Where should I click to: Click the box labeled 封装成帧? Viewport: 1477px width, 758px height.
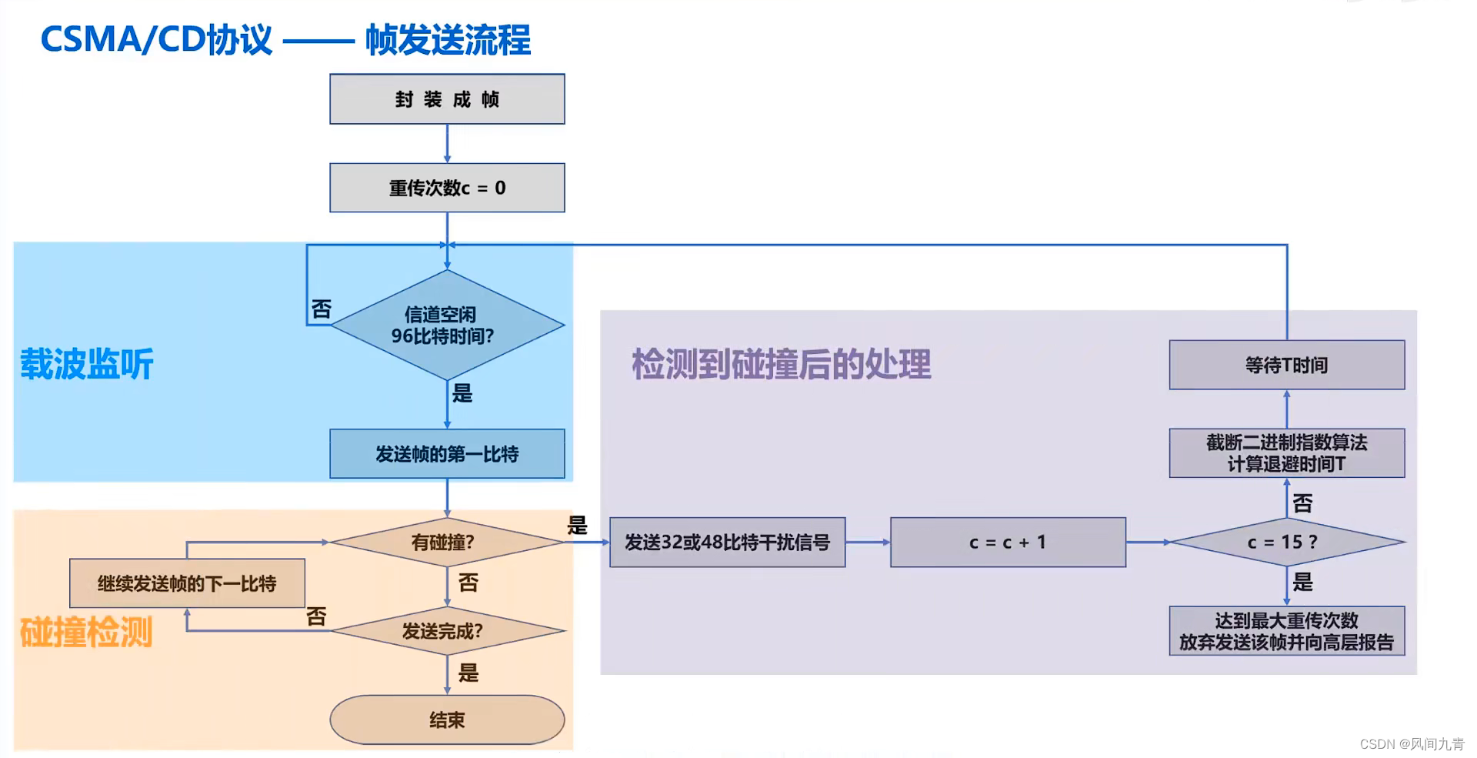[x=447, y=99]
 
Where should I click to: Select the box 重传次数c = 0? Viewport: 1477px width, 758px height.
[x=447, y=188]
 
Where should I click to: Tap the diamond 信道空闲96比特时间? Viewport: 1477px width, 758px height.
[x=447, y=325]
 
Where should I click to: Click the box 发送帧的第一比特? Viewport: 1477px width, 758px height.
[x=447, y=454]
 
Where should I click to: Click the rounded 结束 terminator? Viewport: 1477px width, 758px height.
[x=447, y=720]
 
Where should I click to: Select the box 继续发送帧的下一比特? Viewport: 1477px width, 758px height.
[x=187, y=583]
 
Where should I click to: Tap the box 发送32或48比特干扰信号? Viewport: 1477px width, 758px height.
[x=727, y=543]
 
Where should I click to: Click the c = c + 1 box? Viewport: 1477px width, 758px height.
[x=1008, y=543]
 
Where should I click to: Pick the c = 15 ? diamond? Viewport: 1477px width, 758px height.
[x=1286, y=543]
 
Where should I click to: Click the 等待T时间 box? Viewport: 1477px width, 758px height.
[x=1286, y=365]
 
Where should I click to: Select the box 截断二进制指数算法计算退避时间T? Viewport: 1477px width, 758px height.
[x=1286, y=453]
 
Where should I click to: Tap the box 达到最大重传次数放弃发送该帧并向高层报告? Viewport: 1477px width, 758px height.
[x=1286, y=631]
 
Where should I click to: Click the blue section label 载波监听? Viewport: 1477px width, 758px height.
[x=87, y=364]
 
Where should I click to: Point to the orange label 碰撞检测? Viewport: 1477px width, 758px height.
[x=86, y=633]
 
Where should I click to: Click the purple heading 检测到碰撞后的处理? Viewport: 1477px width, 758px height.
[x=781, y=364]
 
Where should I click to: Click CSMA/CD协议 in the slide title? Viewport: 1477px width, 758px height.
[x=156, y=40]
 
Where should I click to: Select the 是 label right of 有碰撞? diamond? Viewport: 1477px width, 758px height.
[x=577, y=526]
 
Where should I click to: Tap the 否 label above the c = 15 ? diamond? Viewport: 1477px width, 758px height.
[x=1302, y=504]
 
